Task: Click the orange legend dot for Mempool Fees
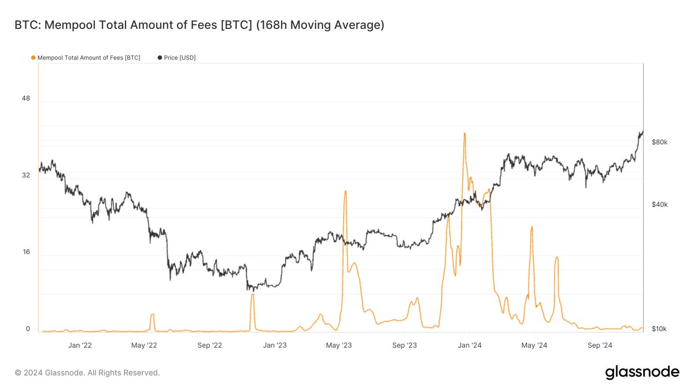33,58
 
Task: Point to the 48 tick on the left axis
25,98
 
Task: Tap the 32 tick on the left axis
25,175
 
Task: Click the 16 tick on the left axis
25,252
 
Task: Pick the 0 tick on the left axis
27,329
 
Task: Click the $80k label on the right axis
659,142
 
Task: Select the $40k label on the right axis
659,205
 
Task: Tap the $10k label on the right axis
659,329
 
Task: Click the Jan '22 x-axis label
80,346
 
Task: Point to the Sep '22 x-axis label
209,346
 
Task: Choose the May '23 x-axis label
339,346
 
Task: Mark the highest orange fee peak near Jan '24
464,133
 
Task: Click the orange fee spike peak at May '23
345,191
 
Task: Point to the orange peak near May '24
531,227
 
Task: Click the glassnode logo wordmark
642,373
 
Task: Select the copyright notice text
87,373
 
